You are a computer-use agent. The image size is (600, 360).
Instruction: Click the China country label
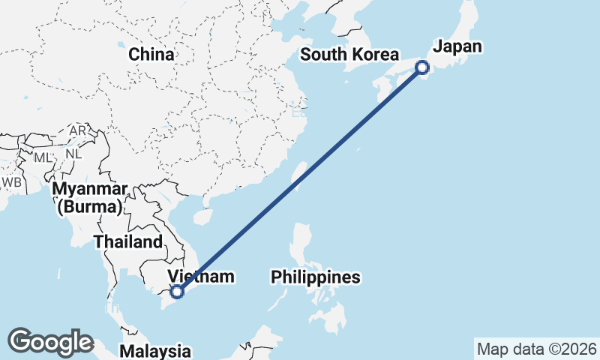[151, 54]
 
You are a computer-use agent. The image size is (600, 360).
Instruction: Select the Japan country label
[457, 46]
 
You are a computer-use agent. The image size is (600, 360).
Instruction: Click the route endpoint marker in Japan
[422, 67]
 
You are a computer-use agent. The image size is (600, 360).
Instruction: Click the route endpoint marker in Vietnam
[177, 292]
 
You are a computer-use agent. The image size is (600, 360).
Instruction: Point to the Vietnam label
[201, 277]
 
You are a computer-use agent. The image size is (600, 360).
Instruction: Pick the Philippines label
[316, 277]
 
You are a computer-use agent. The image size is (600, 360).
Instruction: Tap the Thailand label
[128, 241]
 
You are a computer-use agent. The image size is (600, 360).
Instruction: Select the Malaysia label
[155, 350]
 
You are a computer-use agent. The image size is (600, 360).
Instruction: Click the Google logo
[50, 342]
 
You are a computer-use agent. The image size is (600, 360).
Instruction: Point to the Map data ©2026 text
[537, 349]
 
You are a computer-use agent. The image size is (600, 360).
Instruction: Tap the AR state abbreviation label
[78, 130]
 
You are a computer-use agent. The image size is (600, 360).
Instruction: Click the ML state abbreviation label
[41, 157]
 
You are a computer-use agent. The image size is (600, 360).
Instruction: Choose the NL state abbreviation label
[73, 154]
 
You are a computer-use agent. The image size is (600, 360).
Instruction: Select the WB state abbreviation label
[11, 181]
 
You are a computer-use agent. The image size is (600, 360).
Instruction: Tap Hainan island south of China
[200, 216]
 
